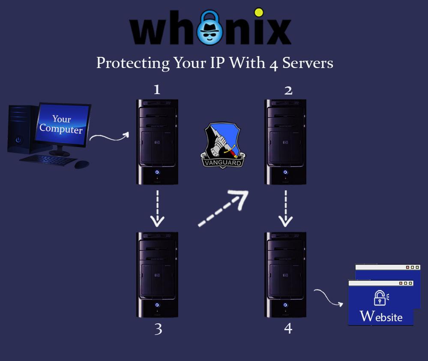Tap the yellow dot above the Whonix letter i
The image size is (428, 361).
pyautogui.click(x=258, y=12)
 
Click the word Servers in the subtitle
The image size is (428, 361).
pyautogui.click(x=308, y=63)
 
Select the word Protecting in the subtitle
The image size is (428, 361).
pyautogui.click(x=133, y=63)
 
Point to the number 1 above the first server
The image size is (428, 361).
pyautogui.click(x=157, y=89)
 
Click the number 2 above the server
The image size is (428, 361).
pyautogui.click(x=288, y=90)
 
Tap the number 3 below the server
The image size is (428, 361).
pyautogui.click(x=159, y=329)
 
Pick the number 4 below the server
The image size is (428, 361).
pyautogui.click(x=288, y=328)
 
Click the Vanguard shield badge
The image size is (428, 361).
pyautogui.click(x=223, y=145)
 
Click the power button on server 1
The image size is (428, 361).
pyautogui.click(x=157, y=172)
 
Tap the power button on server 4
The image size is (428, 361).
pyautogui.click(x=285, y=305)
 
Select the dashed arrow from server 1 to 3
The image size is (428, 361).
pyautogui.click(x=158, y=208)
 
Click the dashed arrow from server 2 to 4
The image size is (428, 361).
pyautogui.click(x=285, y=208)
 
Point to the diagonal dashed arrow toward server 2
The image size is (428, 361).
pyautogui.click(x=223, y=208)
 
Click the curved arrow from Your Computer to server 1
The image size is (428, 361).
pyautogui.click(x=110, y=138)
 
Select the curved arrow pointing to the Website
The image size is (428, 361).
pyautogui.click(x=328, y=298)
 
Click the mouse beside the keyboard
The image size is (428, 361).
pyautogui.click(x=81, y=164)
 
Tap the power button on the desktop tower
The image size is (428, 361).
pyautogui.click(x=18, y=140)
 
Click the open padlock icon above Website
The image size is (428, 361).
pyautogui.click(x=381, y=298)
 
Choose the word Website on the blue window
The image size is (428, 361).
pyautogui.click(x=381, y=317)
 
